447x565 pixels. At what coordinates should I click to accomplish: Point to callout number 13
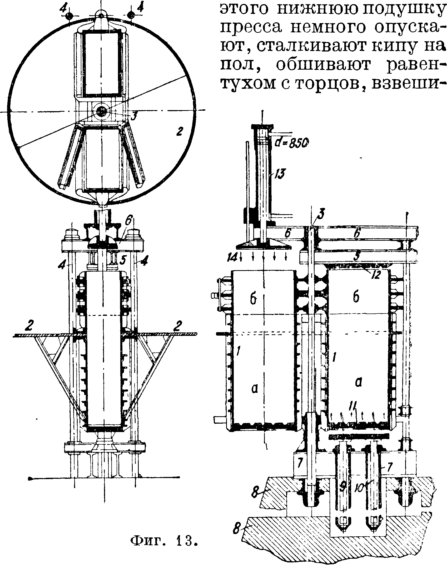280,174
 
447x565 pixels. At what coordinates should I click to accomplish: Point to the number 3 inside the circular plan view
134,116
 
